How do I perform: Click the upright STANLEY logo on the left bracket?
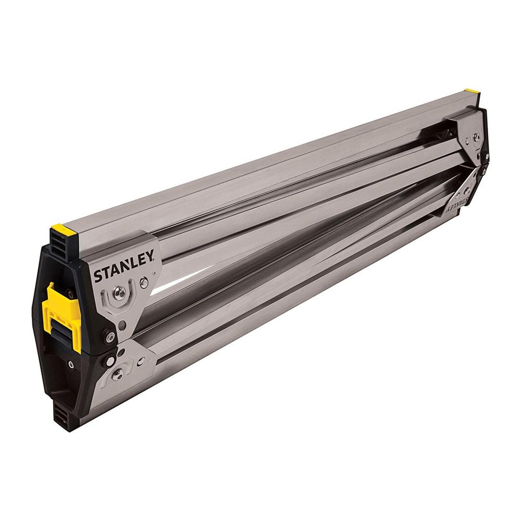[124, 266]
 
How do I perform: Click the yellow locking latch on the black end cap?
[63, 316]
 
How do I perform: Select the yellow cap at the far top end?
[472, 91]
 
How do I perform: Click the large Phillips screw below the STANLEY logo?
[120, 292]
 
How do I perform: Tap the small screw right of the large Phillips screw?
[144, 283]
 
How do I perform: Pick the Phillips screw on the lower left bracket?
[117, 375]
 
